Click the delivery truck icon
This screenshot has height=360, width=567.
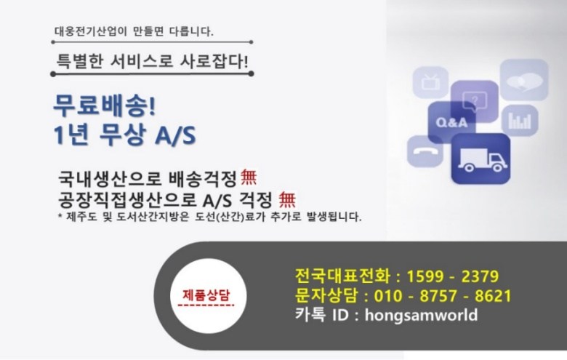tap(481, 159)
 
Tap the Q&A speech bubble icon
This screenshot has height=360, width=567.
tap(451, 122)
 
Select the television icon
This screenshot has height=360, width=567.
tap(430, 82)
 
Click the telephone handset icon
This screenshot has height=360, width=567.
tap(425, 151)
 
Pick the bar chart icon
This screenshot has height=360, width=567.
tap(520, 121)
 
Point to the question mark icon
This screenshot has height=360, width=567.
tap(475, 100)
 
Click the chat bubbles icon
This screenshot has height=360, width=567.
tap(524, 80)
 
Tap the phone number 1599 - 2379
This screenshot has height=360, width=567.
tap(453, 276)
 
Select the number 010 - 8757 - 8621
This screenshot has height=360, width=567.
tap(443, 296)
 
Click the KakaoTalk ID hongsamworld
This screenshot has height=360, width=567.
tap(422, 315)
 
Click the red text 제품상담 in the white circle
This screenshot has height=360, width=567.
tap(206, 295)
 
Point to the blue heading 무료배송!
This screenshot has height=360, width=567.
tap(105, 105)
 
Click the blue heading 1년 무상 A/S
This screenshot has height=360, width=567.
tap(124, 135)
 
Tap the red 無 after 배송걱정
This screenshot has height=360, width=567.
tap(249, 177)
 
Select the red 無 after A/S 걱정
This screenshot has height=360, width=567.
tap(287, 199)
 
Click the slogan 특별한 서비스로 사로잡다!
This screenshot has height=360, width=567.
tap(152, 61)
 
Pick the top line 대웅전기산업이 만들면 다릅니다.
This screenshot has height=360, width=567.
tap(134, 31)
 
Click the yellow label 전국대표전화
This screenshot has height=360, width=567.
tap(343, 276)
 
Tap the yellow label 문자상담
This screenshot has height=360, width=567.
tap(326, 295)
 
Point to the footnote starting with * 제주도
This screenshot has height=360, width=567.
tap(210, 217)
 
